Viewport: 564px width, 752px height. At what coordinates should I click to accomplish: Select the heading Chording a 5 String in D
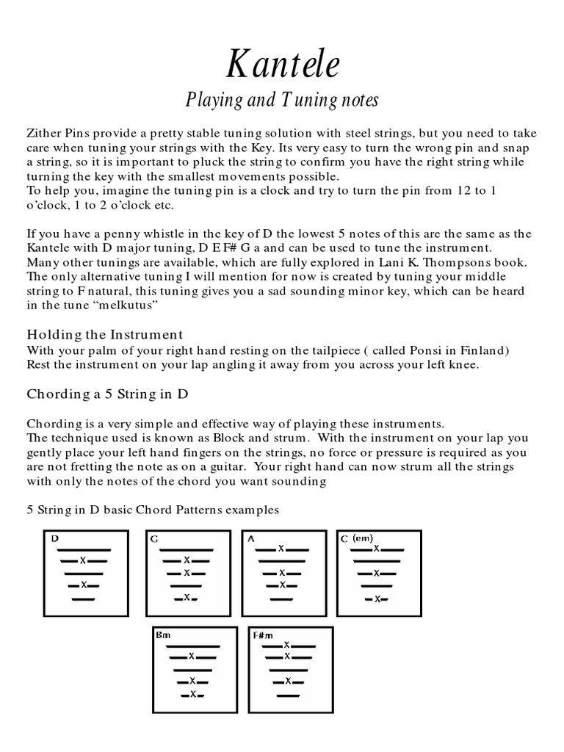(x=108, y=394)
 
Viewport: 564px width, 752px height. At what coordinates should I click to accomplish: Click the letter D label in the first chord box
(x=55, y=538)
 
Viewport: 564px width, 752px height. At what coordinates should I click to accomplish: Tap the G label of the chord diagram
(x=155, y=539)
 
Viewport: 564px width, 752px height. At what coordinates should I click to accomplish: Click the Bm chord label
(x=162, y=634)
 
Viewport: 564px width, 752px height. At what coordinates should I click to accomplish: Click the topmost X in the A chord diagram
(x=281, y=549)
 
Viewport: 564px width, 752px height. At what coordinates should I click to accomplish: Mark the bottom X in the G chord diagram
(x=187, y=598)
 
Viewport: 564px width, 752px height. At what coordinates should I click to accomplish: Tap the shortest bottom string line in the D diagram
(x=84, y=599)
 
